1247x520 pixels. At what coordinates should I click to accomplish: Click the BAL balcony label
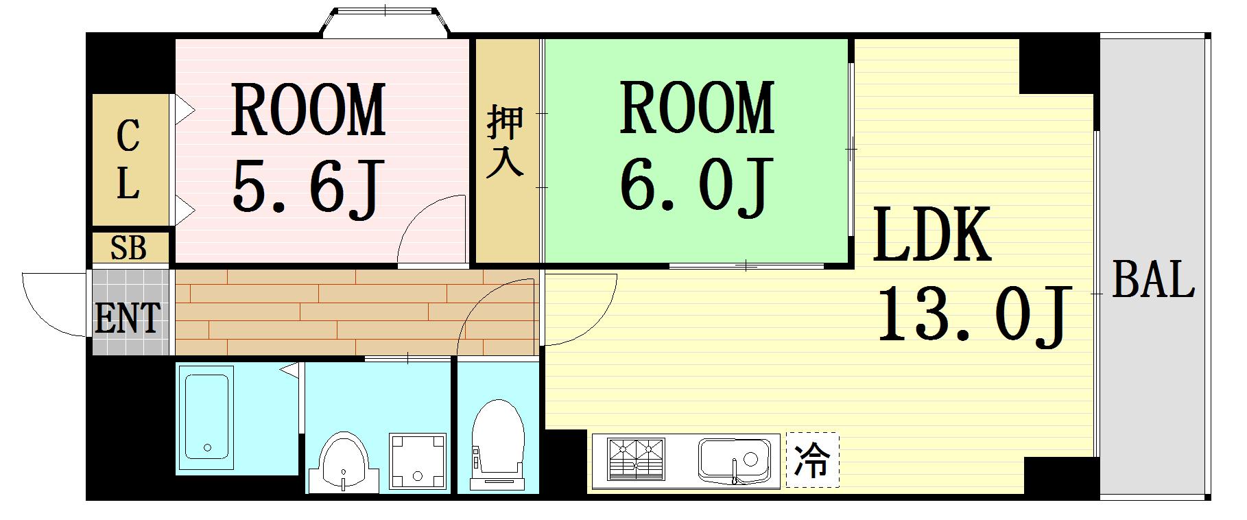[1153, 279]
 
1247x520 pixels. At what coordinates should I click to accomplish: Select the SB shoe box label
[128, 248]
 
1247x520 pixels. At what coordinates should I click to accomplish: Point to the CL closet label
[128, 159]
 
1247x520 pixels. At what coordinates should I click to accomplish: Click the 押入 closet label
[506, 142]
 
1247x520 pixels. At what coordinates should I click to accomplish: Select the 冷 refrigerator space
[812, 460]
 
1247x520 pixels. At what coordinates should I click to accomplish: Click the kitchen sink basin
[734, 459]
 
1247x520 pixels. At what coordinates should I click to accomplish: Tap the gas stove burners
[636, 458]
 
